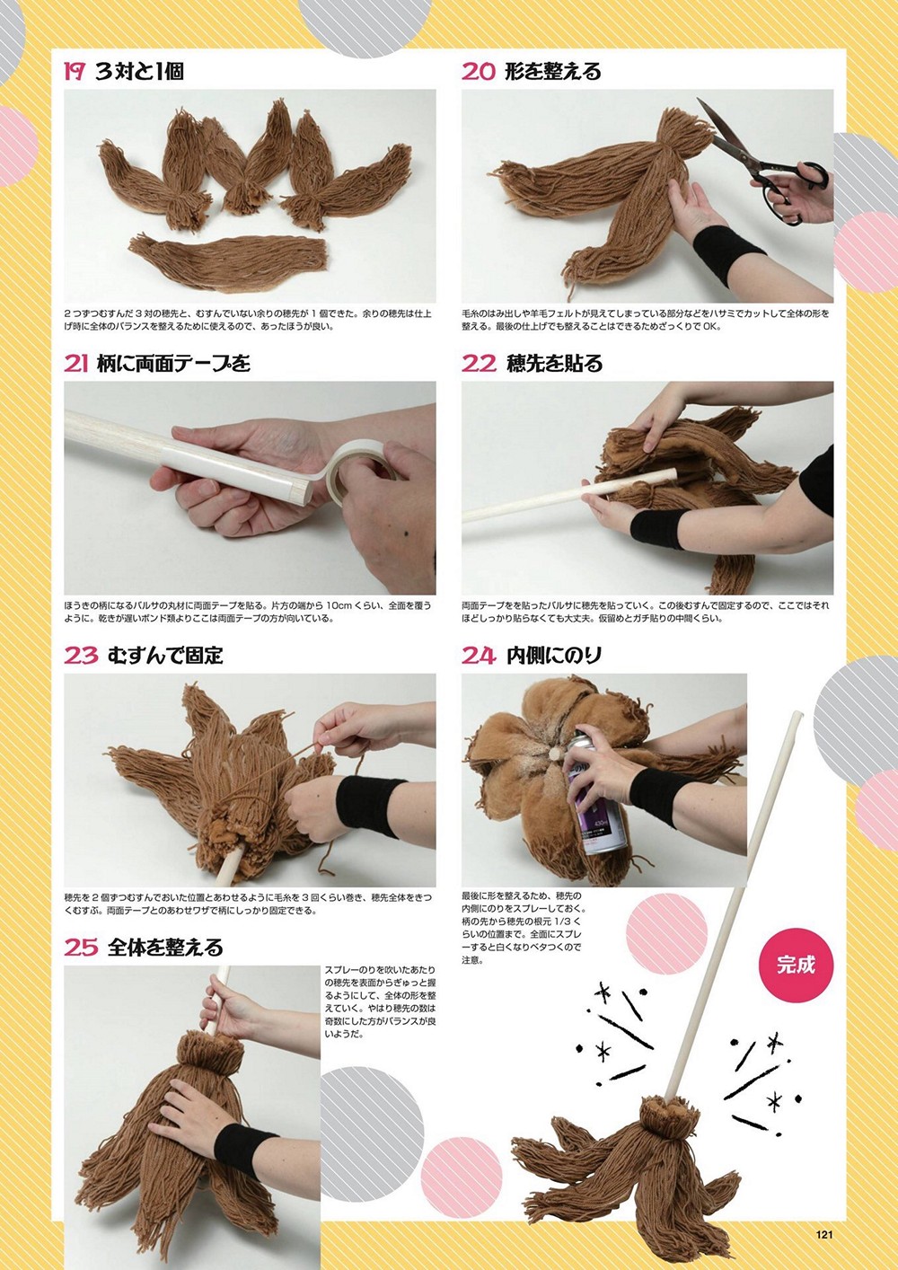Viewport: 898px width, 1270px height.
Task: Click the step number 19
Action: point(75,72)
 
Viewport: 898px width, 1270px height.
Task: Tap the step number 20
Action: point(479,72)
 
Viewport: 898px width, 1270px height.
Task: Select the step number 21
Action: point(76,364)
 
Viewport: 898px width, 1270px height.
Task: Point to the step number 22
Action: point(479,364)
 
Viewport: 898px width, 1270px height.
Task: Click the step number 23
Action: point(81,656)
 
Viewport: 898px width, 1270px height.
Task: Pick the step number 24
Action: point(479,656)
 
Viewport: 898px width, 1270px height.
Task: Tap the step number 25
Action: point(81,948)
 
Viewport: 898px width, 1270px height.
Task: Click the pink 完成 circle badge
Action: point(796,965)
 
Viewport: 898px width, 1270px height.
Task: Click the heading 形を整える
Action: point(553,72)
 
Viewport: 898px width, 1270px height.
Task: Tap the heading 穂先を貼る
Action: point(554,364)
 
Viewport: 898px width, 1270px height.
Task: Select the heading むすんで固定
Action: point(165,656)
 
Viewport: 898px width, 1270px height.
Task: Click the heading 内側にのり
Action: point(554,656)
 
